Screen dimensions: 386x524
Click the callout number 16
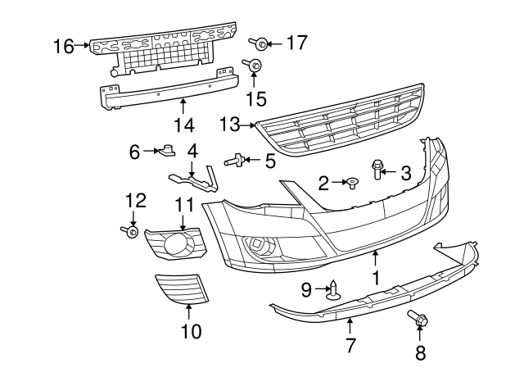(x=63, y=46)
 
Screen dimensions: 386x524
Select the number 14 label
(x=183, y=125)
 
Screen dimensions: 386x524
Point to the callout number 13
(x=231, y=124)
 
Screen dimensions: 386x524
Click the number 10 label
(x=190, y=332)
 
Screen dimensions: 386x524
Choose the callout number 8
(x=421, y=353)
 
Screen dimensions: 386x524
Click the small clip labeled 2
(x=352, y=181)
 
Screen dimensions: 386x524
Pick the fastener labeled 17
(x=256, y=41)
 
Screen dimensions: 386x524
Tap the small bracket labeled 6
(x=169, y=150)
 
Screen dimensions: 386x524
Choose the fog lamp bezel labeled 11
(x=175, y=243)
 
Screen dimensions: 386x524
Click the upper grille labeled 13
(x=340, y=119)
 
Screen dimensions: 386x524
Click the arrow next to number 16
(x=82, y=46)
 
